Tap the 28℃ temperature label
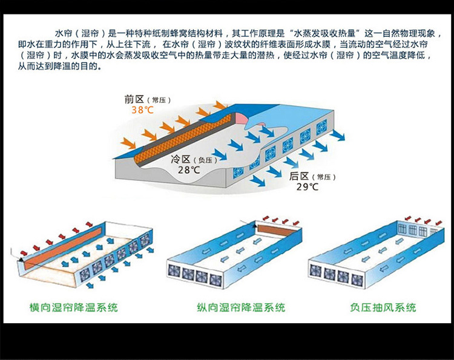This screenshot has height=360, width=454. tap(188, 170)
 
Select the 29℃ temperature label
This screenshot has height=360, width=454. tap(307, 186)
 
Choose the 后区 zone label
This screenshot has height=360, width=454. tap(300, 176)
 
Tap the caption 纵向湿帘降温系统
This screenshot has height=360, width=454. tap(241, 307)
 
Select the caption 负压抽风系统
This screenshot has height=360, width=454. tap(383, 307)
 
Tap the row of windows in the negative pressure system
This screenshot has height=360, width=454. tap(416, 230)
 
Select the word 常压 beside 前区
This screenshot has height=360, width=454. tap(162, 100)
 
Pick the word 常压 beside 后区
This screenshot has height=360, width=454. tap(324, 177)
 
